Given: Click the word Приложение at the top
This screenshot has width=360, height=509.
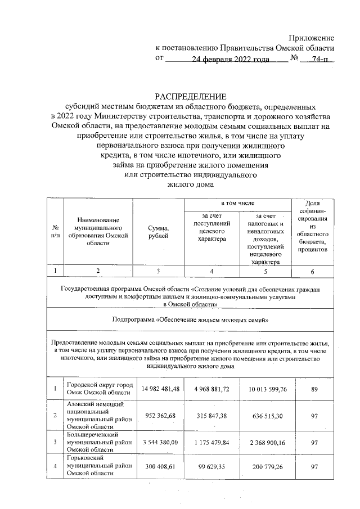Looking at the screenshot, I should coord(311,38).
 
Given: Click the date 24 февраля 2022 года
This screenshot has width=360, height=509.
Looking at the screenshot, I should coord(228,59).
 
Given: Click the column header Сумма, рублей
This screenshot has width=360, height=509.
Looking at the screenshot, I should coord(159,232).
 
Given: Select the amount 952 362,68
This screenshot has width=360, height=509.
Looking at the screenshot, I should coord(159,416).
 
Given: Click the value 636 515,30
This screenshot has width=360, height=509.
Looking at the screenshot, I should coord(264,416).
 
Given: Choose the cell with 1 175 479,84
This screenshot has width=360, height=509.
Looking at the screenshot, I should coord(212,443).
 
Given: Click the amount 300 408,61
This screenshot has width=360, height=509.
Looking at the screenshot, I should coord(159,466).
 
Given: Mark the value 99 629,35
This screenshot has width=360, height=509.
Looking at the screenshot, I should coord(212,466).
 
